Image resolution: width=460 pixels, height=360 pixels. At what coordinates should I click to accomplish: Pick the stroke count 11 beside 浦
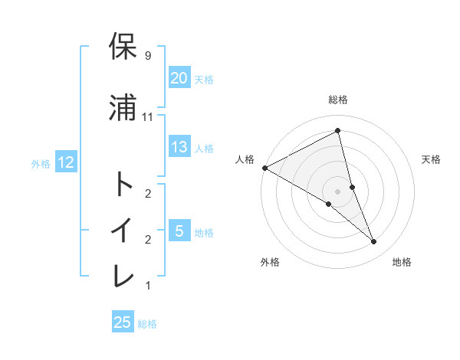(x=148, y=116)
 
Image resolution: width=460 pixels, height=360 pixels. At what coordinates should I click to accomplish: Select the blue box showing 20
(x=179, y=78)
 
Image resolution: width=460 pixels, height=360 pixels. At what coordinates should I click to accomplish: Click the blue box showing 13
(x=179, y=148)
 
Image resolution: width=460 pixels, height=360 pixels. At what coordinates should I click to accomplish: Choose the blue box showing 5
(x=179, y=231)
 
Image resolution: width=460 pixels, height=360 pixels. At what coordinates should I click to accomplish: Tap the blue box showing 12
(x=65, y=162)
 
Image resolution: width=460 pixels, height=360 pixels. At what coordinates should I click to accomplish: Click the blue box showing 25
(x=123, y=322)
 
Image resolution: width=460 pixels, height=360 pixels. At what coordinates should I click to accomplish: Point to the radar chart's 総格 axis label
(x=338, y=100)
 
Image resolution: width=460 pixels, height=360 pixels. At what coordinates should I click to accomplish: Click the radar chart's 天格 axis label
(x=432, y=159)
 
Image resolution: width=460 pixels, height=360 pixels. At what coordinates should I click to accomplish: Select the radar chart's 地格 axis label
(x=402, y=262)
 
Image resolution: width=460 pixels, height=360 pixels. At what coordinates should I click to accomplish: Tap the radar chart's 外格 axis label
(x=270, y=262)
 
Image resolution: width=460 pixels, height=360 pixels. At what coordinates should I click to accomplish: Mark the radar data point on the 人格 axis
(x=264, y=168)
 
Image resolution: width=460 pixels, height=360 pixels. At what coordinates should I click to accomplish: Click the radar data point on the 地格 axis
(x=374, y=242)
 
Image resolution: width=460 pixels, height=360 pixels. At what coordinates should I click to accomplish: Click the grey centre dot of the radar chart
(x=337, y=191)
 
